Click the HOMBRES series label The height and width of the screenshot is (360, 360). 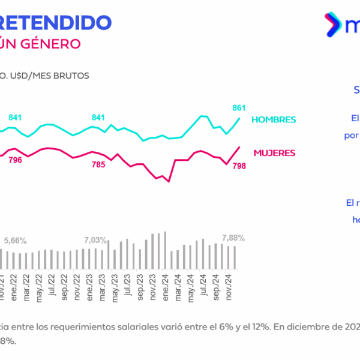click(x=274, y=119)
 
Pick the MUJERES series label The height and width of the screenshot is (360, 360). click(x=274, y=152)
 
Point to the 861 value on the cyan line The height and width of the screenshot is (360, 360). click(x=239, y=108)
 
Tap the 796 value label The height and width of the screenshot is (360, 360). click(x=15, y=160)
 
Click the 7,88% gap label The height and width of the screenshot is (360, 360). click(x=233, y=238)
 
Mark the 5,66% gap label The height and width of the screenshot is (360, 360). click(x=15, y=241)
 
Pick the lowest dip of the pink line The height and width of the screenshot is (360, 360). click(x=169, y=181)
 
